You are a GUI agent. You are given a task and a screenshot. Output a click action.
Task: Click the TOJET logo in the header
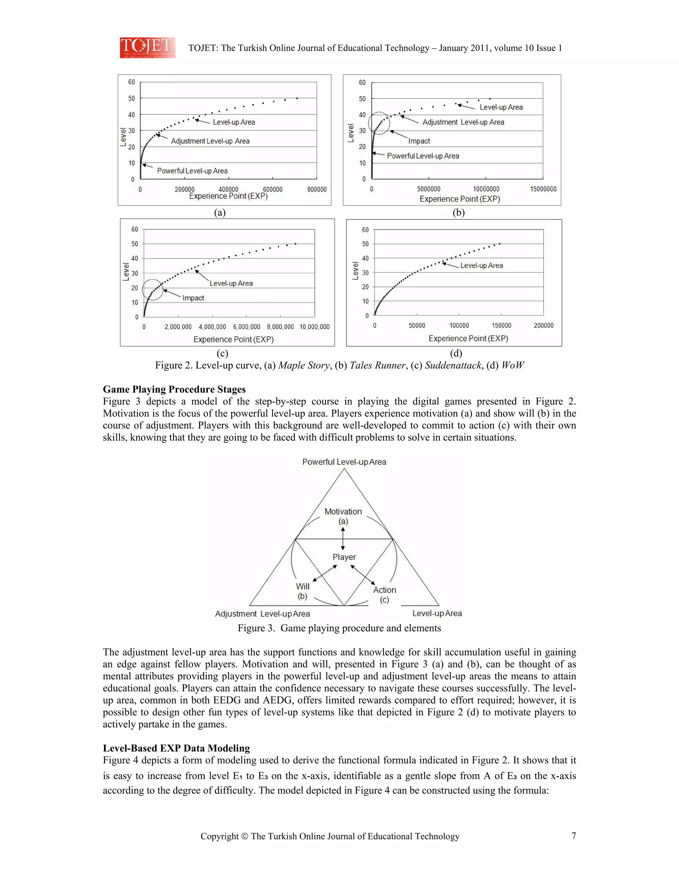pyautogui.click(x=147, y=47)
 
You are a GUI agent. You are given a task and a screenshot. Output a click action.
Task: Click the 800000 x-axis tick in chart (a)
pyautogui.click(x=317, y=189)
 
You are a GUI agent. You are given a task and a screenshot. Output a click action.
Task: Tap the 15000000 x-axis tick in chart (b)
pyautogui.click(x=543, y=189)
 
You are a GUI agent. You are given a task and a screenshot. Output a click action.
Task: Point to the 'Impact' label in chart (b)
pyautogui.click(x=419, y=141)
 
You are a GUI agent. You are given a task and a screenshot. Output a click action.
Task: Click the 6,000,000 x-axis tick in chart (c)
pyautogui.click(x=247, y=327)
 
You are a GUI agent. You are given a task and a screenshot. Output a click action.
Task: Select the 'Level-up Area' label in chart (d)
pyautogui.click(x=481, y=265)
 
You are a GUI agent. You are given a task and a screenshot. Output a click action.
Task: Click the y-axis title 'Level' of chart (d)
pyautogui.click(x=355, y=271)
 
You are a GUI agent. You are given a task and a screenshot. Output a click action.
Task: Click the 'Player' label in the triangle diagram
pyautogui.click(x=344, y=557)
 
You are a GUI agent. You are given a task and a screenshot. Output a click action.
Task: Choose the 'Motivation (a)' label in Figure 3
pyautogui.click(x=343, y=516)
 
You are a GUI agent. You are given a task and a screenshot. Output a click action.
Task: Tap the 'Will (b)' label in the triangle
pyautogui.click(x=302, y=591)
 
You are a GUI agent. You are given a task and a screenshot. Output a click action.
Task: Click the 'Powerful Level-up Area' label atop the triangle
pyautogui.click(x=344, y=462)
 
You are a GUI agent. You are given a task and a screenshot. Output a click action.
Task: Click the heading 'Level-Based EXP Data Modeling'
pyautogui.click(x=176, y=748)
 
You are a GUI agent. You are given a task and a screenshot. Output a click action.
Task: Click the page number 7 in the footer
pyautogui.click(x=574, y=836)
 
